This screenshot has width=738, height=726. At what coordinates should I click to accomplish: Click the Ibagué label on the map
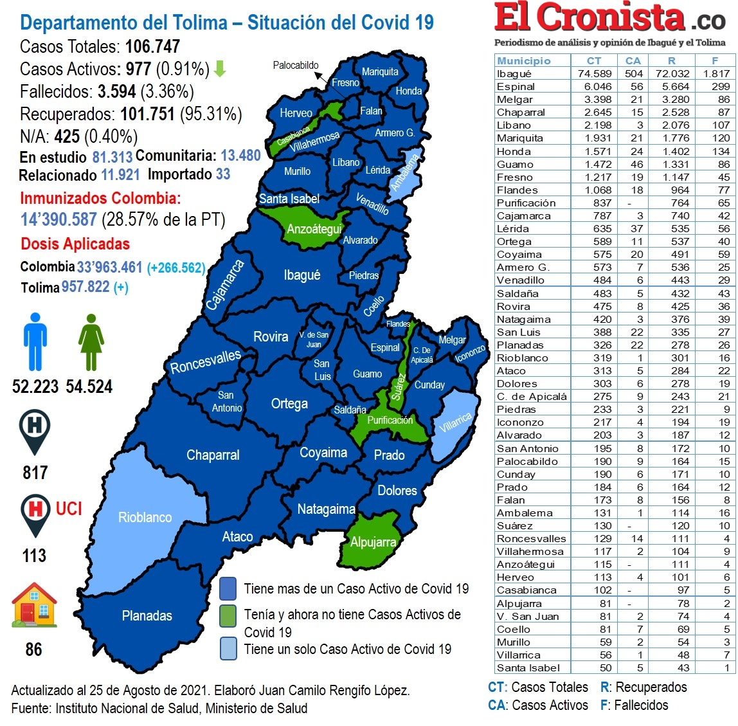pyautogui.click(x=301, y=275)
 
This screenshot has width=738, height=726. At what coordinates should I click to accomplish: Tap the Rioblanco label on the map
pyautogui.click(x=145, y=518)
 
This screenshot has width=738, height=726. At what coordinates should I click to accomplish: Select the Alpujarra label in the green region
pyautogui.click(x=373, y=542)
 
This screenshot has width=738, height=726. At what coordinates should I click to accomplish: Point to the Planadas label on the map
pyautogui.click(x=147, y=616)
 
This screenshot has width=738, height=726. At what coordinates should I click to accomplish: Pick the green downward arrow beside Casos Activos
pyautogui.click(x=220, y=69)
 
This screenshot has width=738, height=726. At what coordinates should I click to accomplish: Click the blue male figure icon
pyautogui.click(x=35, y=341)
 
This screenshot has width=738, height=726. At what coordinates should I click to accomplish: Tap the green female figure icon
pyautogui.click(x=91, y=341)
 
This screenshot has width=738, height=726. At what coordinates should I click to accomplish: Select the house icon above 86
pyautogui.click(x=35, y=605)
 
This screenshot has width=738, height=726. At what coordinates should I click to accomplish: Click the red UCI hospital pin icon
pyautogui.click(x=35, y=513)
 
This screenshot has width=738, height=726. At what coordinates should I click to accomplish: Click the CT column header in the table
pyautogui.click(x=594, y=60)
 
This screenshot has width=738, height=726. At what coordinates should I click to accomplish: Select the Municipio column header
pyautogui.click(x=524, y=60)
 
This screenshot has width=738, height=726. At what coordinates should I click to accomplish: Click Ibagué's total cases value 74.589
pyautogui.click(x=594, y=74)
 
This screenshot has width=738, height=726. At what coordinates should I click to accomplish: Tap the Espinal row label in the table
pyautogui.click(x=516, y=87)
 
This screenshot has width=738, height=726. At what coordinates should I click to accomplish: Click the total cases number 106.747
pyautogui.click(x=152, y=47)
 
